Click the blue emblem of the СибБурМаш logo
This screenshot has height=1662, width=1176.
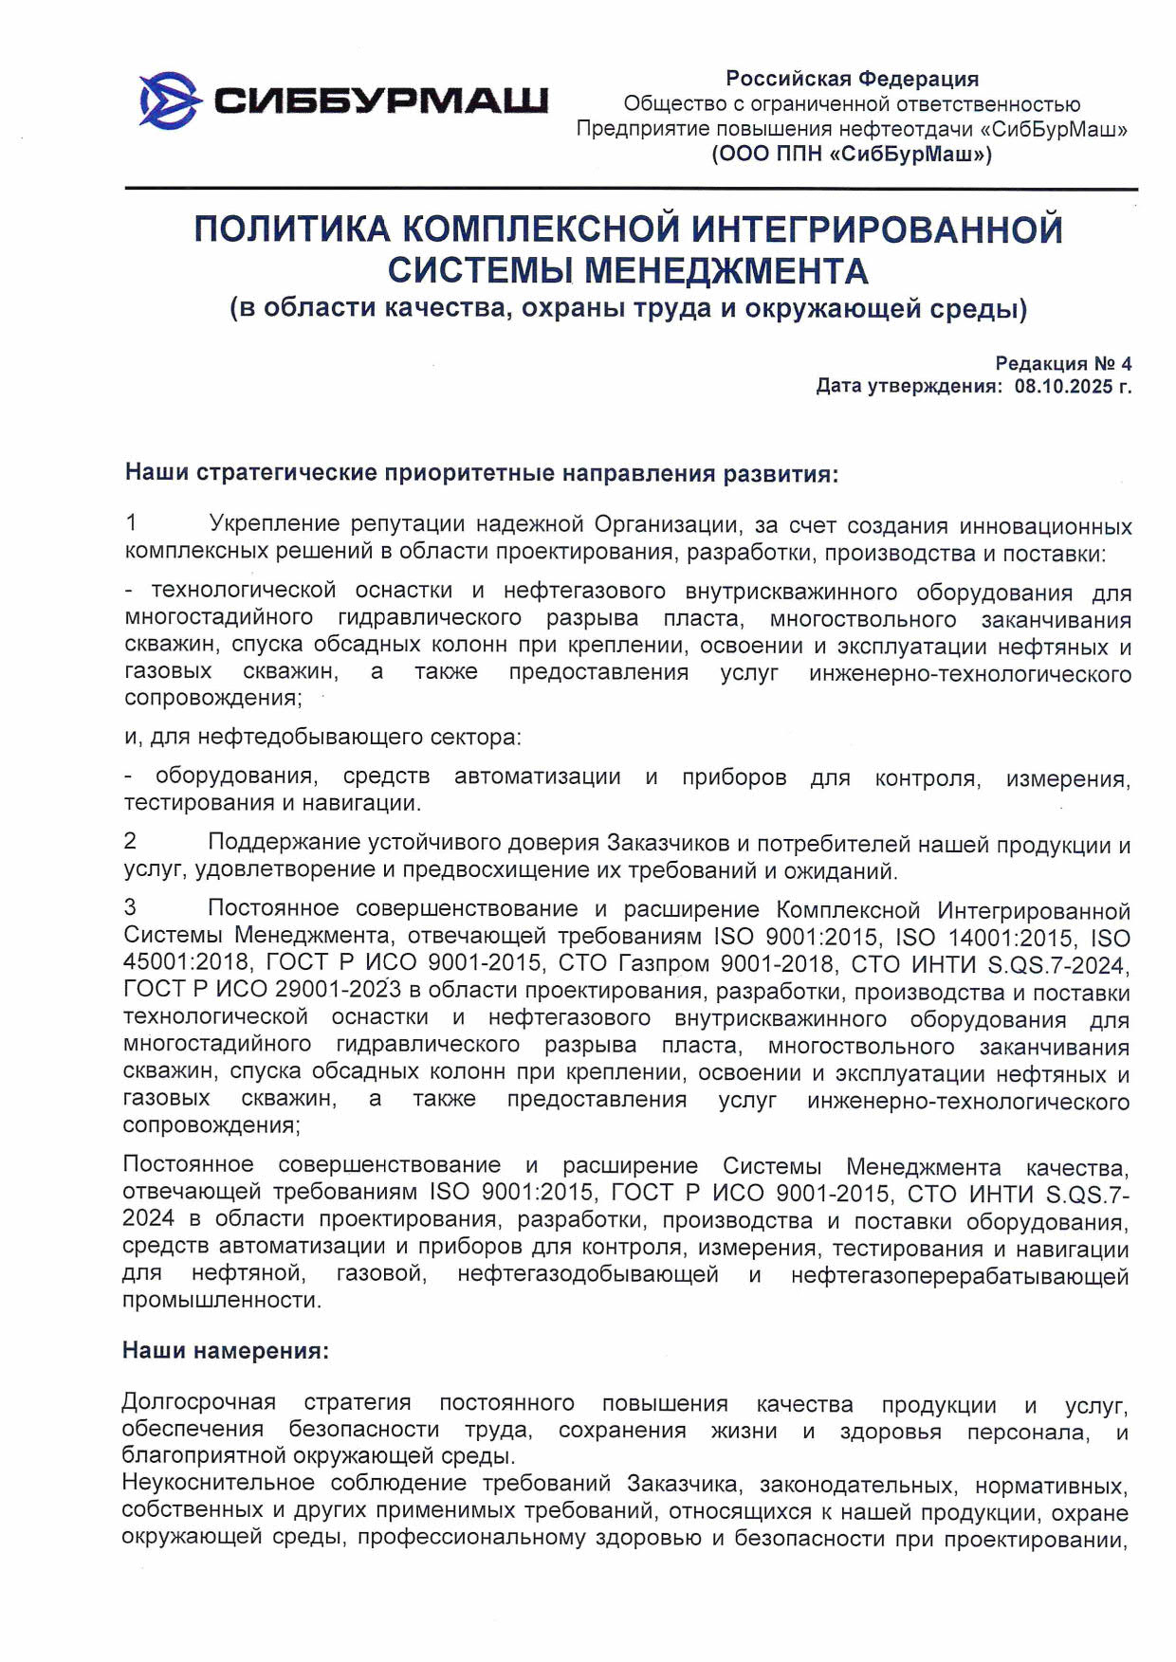coord(169,100)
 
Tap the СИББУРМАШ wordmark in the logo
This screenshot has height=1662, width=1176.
coord(381,100)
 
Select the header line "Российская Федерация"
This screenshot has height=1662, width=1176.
coord(852,79)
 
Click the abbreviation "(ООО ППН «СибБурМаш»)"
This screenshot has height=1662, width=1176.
coord(852,154)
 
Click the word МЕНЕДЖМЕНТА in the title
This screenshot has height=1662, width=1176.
coord(726,272)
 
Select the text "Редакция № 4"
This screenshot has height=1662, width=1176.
coord(1063,363)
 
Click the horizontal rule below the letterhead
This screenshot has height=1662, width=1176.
coord(631,190)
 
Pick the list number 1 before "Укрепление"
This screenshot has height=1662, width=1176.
coord(132,522)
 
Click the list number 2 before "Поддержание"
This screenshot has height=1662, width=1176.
coord(131,841)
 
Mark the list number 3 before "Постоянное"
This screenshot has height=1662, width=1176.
coord(131,908)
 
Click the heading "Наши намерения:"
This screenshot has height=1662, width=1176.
coord(226,1350)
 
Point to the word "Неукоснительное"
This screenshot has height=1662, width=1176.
coord(218,1484)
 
